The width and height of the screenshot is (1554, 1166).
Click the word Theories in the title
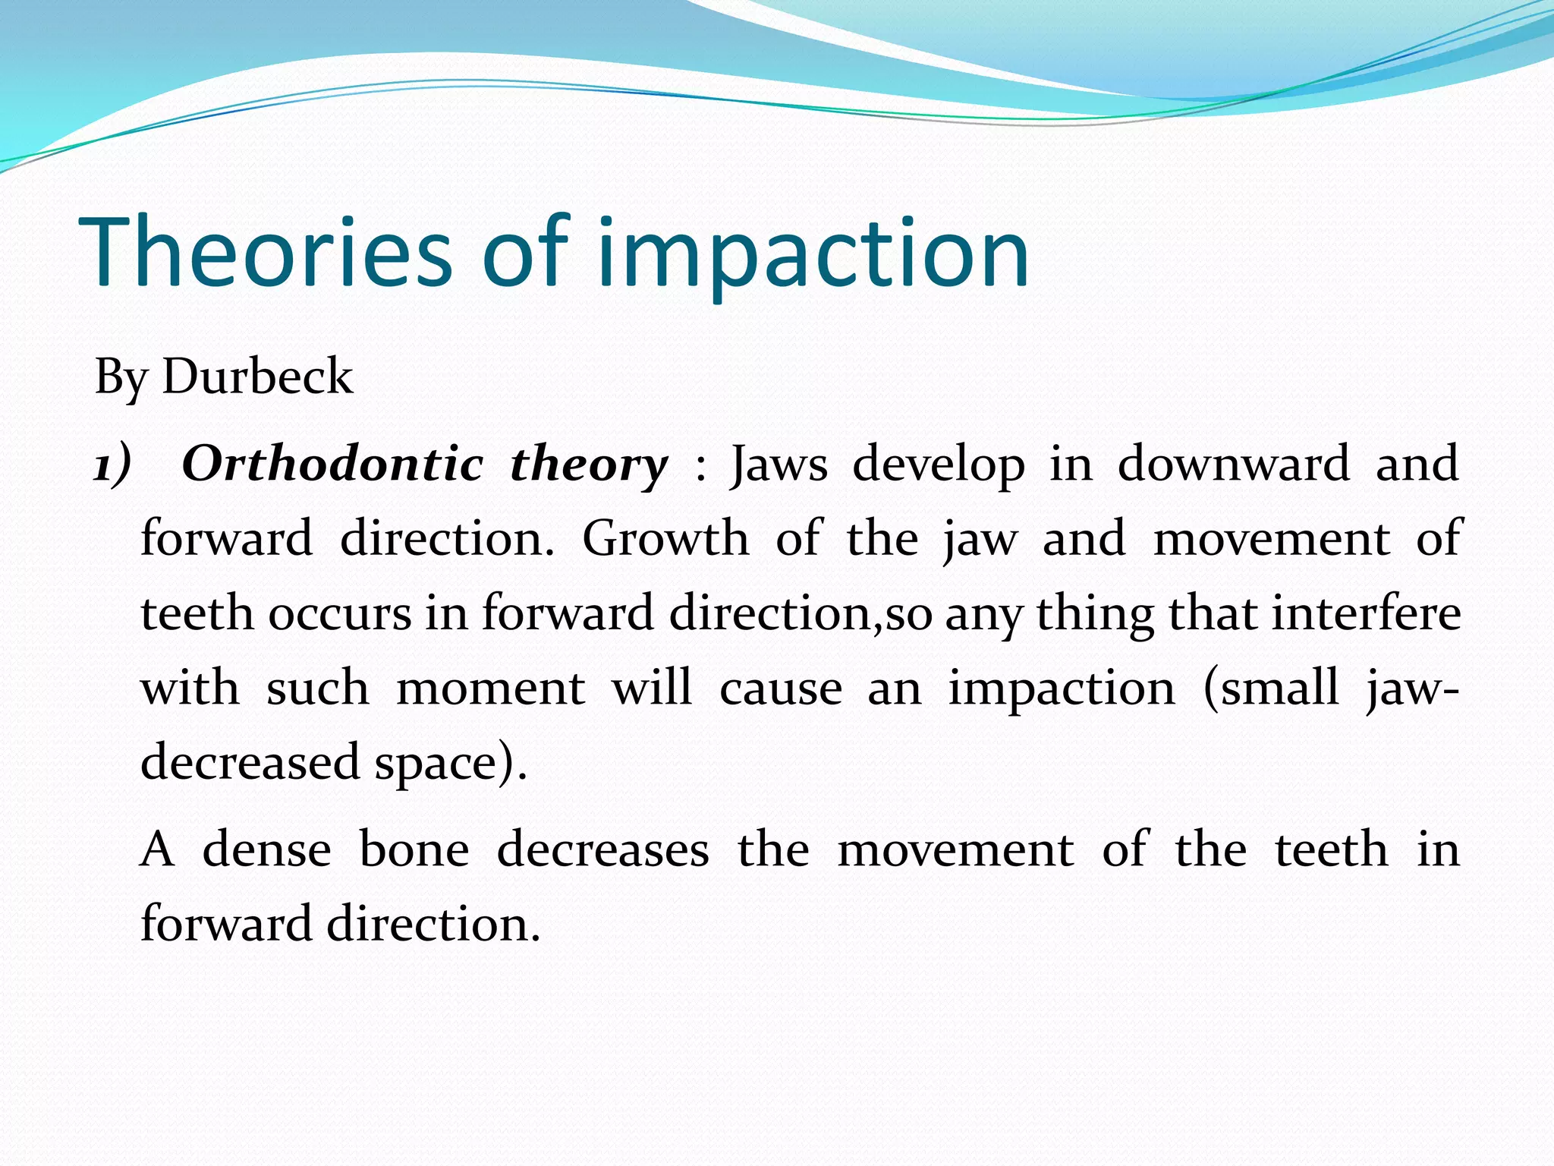(266, 252)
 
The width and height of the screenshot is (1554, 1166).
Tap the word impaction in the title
(812, 252)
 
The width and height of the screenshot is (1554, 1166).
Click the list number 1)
(112, 464)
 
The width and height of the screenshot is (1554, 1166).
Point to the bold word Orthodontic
(332, 464)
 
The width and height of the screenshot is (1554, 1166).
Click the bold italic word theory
(589, 464)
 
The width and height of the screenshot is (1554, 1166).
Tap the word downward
(1233, 464)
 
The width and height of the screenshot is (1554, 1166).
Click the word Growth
(665, 538)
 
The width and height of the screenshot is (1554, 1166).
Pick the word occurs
(339, 613)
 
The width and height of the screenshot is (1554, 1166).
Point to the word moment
(490, 688)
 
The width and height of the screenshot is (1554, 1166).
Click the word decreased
(250, 762)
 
